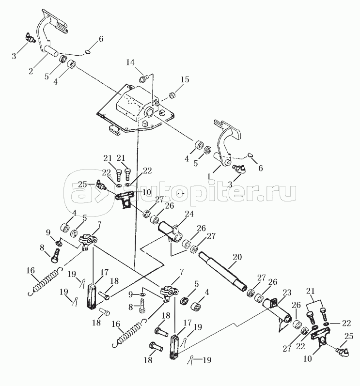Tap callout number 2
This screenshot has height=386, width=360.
click(x=31, y=71)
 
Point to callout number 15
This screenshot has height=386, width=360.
click(x=185, y=79)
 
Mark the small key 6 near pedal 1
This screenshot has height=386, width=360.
click(x=251, y=154)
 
